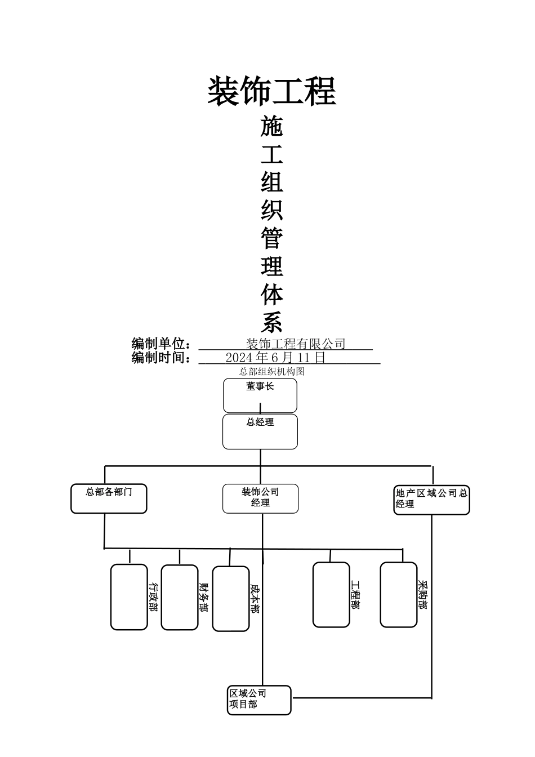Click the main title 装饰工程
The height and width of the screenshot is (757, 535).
pos(272,91)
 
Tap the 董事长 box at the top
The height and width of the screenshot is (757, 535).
pos(260,395)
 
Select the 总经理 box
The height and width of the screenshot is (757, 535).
pos(260,431)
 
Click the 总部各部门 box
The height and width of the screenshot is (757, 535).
pos(109,498)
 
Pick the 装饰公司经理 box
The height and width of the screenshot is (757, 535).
pos(260,498)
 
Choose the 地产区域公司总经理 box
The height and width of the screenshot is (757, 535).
pos(431,500)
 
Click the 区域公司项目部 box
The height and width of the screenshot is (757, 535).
pos(259,700)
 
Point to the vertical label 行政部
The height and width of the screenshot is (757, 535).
pos(153,597)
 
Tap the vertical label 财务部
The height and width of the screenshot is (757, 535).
pos(203,597)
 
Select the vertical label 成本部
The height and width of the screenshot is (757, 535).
pos(254,598)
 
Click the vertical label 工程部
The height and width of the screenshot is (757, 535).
pos(355,595)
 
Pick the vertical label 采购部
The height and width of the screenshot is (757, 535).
pos(422,595)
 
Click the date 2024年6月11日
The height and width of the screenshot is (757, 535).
pos(275,358)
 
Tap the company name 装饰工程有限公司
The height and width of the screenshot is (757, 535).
pos(296,344)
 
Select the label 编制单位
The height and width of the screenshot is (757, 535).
pos(161,344)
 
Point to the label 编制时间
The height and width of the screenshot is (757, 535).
pos(161,358)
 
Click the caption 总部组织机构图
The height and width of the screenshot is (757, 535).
pos(272,372)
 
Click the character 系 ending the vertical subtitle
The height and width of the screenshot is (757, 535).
pos(272,323)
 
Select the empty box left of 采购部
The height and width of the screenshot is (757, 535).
pos(399,595)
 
